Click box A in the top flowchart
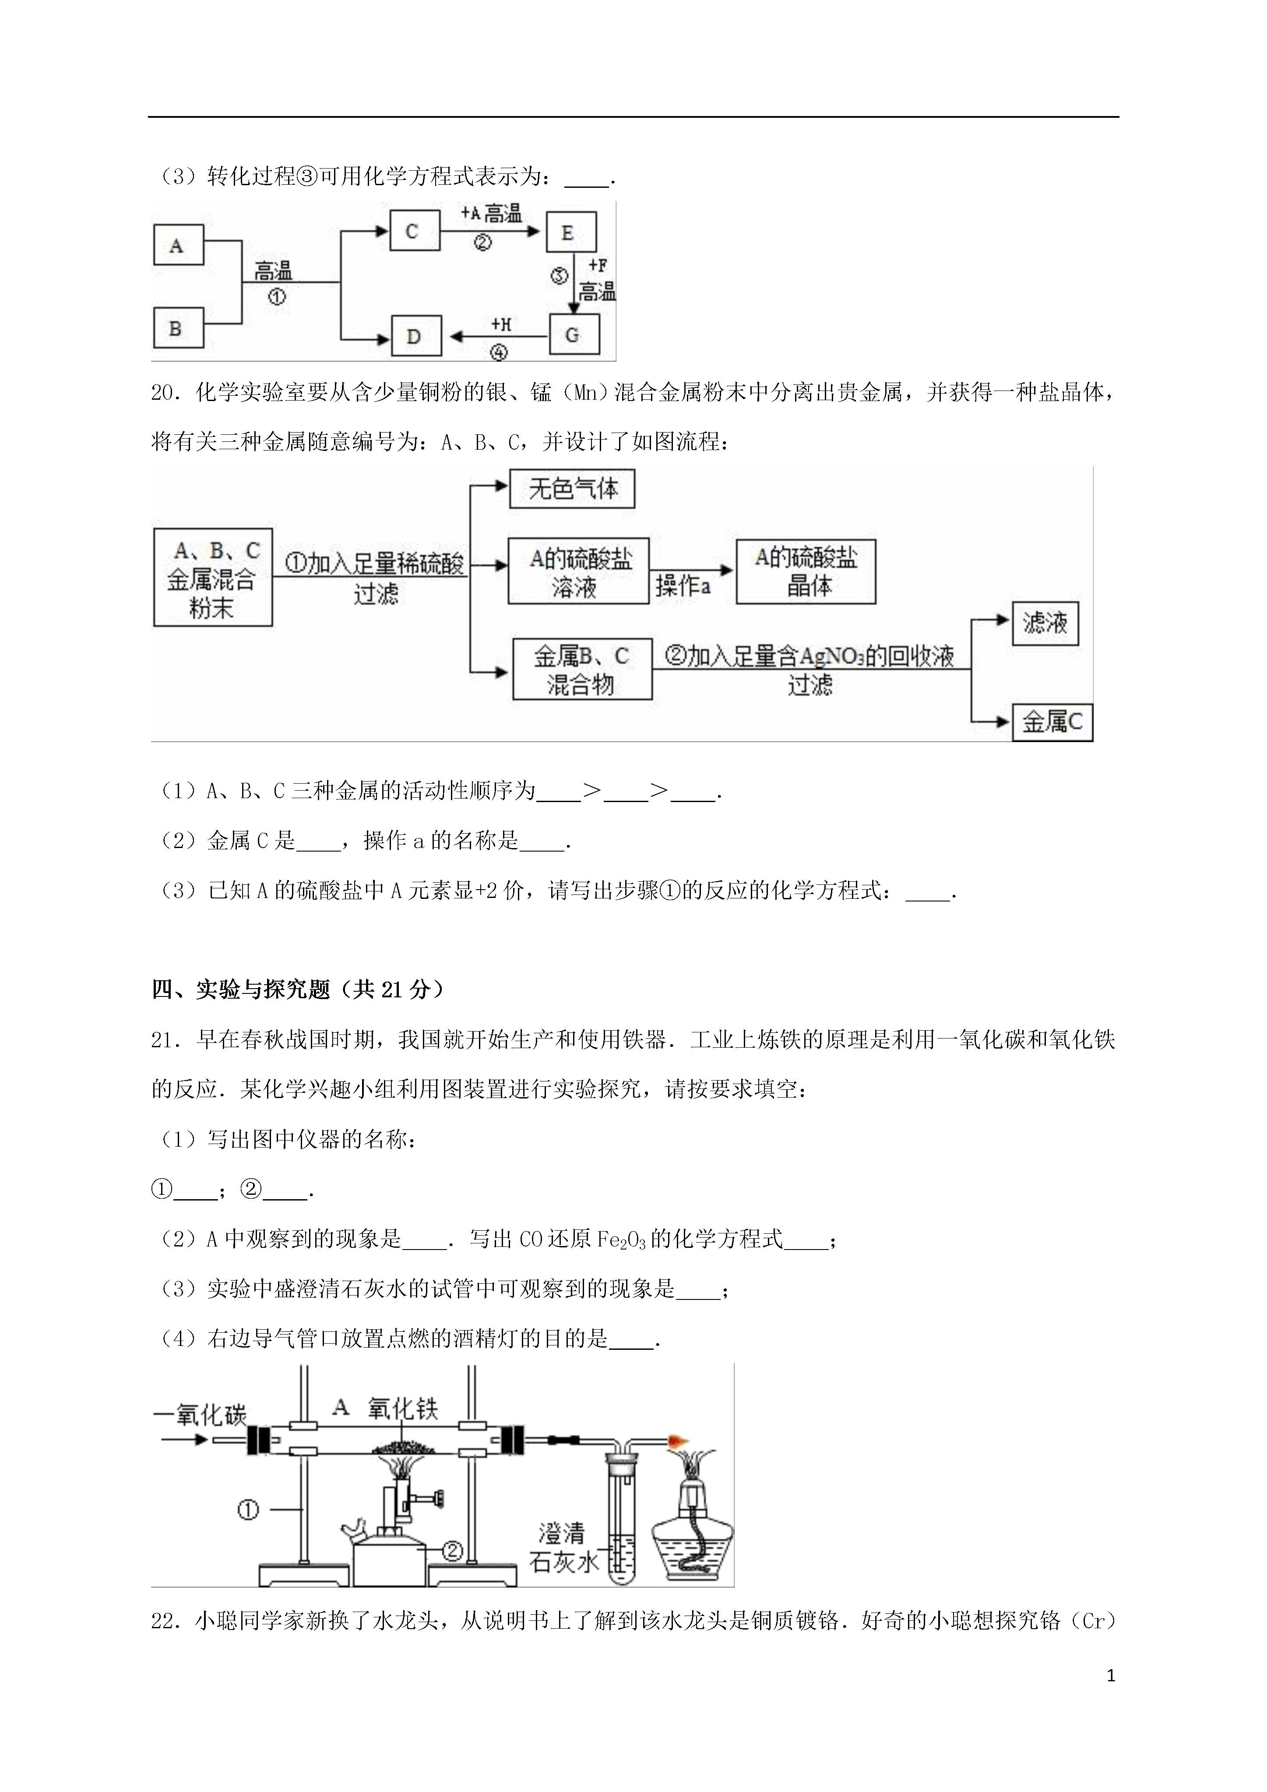point(178,245)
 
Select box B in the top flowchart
point(178,328)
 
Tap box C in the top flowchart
point(415,231)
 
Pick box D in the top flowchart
point(416,336)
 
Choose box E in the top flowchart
point(570,232)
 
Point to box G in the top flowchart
point(574,335)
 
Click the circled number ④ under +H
point(499,353)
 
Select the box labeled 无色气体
point(572,489)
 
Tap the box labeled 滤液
point(1045,623)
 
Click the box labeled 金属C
point(1052,723)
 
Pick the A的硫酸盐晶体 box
point(806,571)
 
